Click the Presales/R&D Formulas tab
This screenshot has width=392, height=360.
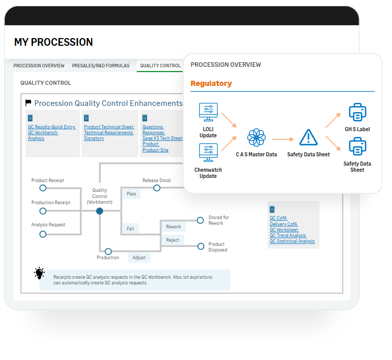click(100, 65)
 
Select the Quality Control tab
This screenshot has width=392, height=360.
click(161, 65)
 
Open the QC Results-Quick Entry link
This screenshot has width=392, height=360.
click(52, 127)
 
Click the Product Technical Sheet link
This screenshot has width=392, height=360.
click(109, 127)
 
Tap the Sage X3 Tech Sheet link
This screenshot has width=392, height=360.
click(163, 138)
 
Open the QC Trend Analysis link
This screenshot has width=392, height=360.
click(288, 235)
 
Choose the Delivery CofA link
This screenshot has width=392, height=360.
click(284, 224)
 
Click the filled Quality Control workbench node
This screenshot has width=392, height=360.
click(99, 211)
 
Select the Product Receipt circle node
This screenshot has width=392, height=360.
click(43, 188)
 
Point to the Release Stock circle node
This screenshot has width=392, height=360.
click(157, 188)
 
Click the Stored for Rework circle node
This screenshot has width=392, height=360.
click(200, 220)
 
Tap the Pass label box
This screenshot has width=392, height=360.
click(131, 194)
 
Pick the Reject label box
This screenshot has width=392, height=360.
click(173, 240)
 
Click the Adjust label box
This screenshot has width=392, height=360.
click(139, 258)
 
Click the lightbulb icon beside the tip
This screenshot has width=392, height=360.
click(39, 273)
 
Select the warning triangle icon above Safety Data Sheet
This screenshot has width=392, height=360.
click(309, 137)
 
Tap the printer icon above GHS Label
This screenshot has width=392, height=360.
click(358, 112)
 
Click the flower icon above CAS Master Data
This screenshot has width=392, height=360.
click(256, 137)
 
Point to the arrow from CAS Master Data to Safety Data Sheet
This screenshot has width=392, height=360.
click(283, 139)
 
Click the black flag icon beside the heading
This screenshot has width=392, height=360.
click(28, 102)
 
